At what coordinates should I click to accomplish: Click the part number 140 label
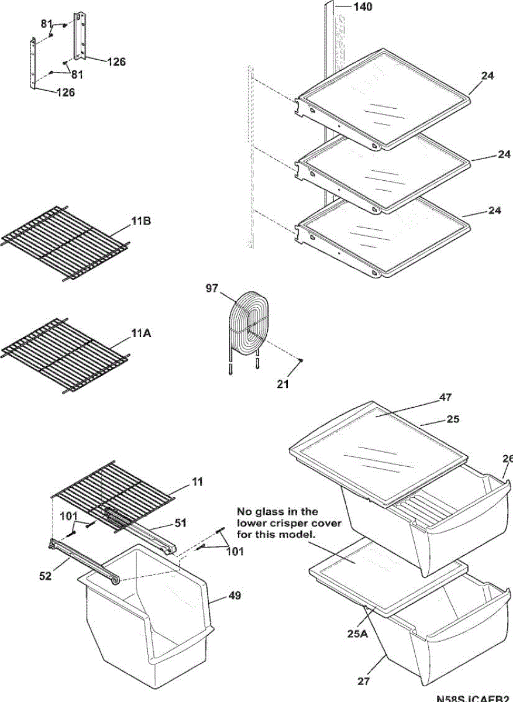click(363, 7)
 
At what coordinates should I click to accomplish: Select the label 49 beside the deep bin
click(235, 596)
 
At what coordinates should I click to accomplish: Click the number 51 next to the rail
click(181, 523)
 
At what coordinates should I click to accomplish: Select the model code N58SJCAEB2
click(474, 698)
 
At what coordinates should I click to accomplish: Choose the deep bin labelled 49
click(146, 620)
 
